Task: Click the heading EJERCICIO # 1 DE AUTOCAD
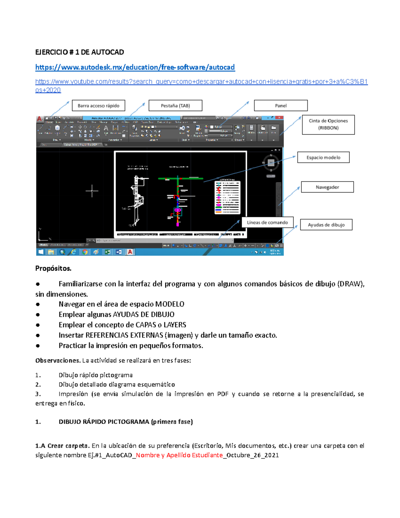pos(80,52)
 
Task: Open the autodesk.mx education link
pos(135,67)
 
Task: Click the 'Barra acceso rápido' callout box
pos(98,106)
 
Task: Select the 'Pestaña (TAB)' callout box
pos(175,106)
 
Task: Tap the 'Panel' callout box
pos(281,106)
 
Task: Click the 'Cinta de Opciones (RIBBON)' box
pos(328,124)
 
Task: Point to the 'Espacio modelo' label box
pos(323,157)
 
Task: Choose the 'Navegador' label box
pos(327,187)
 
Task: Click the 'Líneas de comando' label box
pos(267,222)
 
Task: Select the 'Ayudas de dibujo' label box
pos(326,225)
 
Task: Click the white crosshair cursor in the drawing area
pos(92,191)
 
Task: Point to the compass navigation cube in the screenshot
pos(271,163)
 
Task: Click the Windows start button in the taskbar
pos(41,252)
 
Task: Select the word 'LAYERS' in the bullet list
pos(175,325)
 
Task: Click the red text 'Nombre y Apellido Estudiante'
pos(179,455)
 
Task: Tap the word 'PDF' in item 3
pos(223,394)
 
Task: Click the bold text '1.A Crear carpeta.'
pos(62,446)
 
